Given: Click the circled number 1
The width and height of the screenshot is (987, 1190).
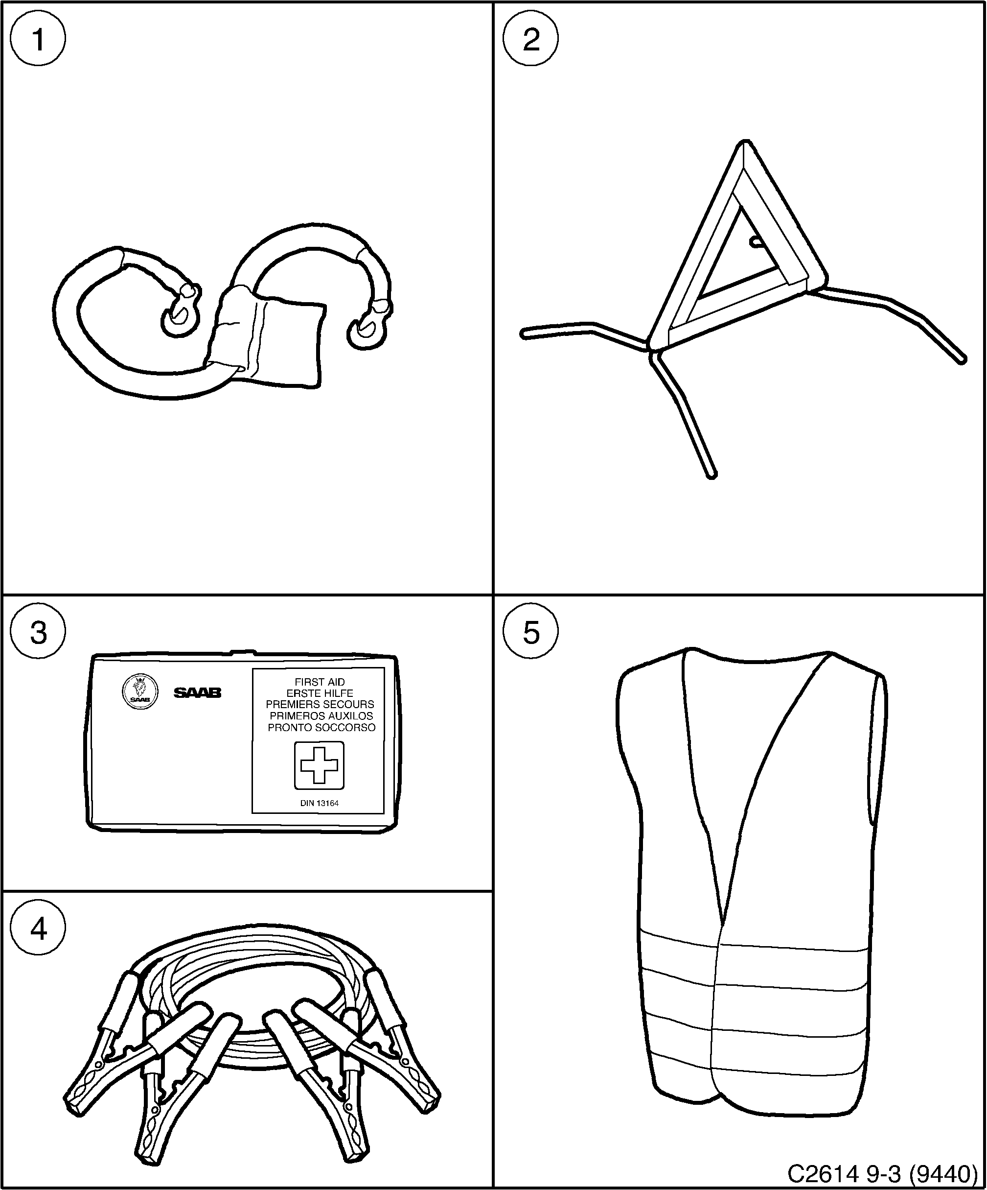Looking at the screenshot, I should pyautogui.click(x=39, y=39).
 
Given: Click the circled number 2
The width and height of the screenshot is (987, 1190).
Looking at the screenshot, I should pyautogui.click(x=530, y=39).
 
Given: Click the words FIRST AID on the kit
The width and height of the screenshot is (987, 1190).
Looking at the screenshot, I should pyautogui.click(x=320, y=682).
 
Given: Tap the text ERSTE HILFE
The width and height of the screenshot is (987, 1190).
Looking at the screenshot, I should pyautogui.click(x=320, y=693).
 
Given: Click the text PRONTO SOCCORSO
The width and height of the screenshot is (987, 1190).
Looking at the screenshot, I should pyautogui.click(x=321, y=727).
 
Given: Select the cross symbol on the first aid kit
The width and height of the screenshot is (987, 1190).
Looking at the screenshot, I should pyautogui.click(x=319, y=765).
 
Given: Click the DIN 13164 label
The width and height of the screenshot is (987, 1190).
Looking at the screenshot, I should pyautogui.click(x=320, y=803).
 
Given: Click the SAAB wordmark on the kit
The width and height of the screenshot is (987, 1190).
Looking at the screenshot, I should pyautogui.click(x=197, y=692).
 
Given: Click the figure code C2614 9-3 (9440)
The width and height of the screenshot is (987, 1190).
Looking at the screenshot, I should pyautogui.click(x=882, y=1171).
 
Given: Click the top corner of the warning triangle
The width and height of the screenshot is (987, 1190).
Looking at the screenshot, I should pyautogui.click(x=745, y=146).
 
